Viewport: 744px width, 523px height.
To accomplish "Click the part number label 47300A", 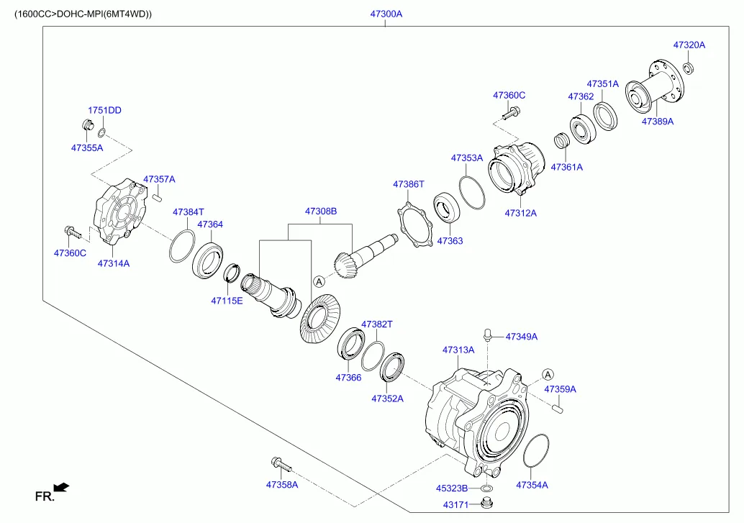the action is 386,14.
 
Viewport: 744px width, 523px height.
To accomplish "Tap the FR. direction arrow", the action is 61,488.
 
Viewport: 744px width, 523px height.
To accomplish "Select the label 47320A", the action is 689,45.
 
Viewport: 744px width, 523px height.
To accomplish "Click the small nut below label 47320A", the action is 689,68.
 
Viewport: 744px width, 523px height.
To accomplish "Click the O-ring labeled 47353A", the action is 472,192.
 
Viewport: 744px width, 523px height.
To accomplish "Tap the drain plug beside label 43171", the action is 486,503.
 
